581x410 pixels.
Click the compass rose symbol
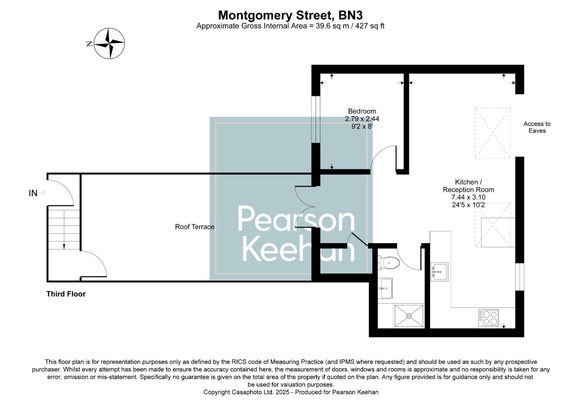110,44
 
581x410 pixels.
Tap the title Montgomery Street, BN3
290,15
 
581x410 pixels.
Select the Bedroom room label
362,111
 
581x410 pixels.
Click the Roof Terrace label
195,227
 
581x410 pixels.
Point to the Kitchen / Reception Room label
468,186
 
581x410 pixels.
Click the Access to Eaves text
537,127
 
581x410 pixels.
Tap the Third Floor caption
66,294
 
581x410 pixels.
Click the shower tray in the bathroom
409,315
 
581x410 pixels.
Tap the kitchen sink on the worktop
440,272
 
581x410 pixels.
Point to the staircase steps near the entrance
63,230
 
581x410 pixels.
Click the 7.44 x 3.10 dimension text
468,197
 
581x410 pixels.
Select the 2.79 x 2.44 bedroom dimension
362,119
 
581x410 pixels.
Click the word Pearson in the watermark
296,220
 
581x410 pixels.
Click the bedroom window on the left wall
315,119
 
